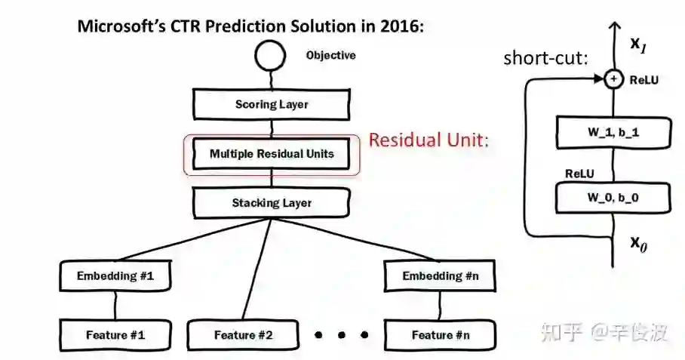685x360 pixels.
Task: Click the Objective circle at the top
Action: (271, 57)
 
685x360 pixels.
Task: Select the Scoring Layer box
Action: (272, 104)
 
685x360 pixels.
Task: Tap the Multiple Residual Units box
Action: (272, 154)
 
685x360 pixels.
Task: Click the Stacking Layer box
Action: (272, 203)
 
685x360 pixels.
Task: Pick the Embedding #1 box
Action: (115, 276)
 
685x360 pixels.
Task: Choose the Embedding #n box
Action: (440, 276)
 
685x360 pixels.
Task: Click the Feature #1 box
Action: (115, 334)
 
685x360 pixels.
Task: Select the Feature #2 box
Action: (244, 334)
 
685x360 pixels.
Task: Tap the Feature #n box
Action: (440, 334)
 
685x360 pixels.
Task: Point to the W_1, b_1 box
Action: (613, 133)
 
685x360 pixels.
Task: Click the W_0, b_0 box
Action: (613, 198)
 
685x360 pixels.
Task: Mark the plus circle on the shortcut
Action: (614, 78)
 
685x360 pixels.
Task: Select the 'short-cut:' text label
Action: (545, 58)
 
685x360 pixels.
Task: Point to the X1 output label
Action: (639, 45)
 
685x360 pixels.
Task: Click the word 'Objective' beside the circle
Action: (330, 56)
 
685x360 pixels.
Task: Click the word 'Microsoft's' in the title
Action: (117, 26)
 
